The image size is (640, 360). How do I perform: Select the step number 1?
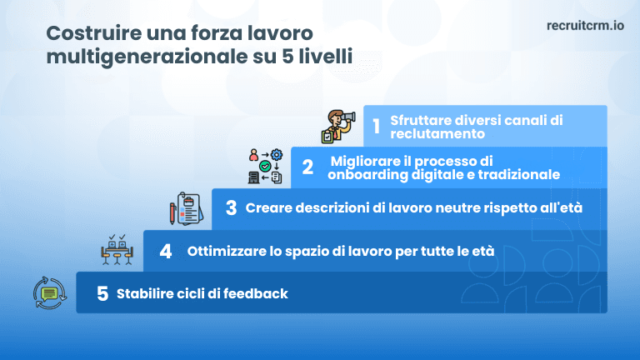[376, 127]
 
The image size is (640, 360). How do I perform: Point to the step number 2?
[307, 167]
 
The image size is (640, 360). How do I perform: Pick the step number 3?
[231, 207]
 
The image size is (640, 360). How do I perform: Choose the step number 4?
[166, 250]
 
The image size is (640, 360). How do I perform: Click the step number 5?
[102, 293]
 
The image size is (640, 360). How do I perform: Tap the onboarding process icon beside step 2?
[266, 167]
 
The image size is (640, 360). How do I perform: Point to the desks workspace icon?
[117, 249]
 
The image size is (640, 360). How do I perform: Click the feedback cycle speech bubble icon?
[48, 292]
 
